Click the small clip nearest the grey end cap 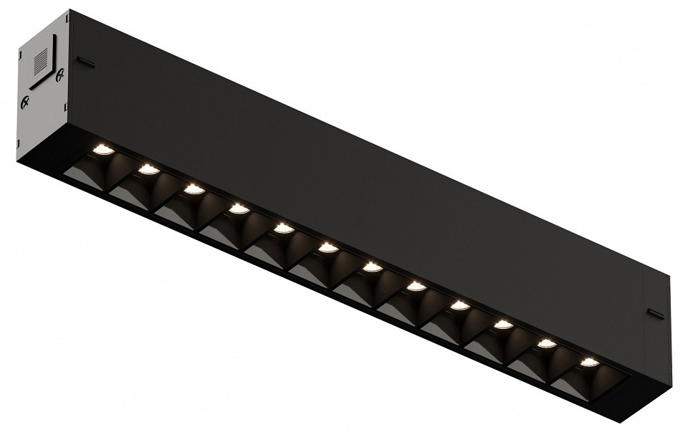(85, 62)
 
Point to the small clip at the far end (655, 312)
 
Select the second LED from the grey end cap (148, 169)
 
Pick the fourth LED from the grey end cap (239, 209)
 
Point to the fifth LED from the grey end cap (284, 228)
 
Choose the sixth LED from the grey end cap (328, 248)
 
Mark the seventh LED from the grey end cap (372, 267)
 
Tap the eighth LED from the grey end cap (416, 287)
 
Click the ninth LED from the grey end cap (460, 305)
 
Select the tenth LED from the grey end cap (504, 325)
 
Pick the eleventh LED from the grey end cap (547, 343)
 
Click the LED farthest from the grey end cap (590, 362)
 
